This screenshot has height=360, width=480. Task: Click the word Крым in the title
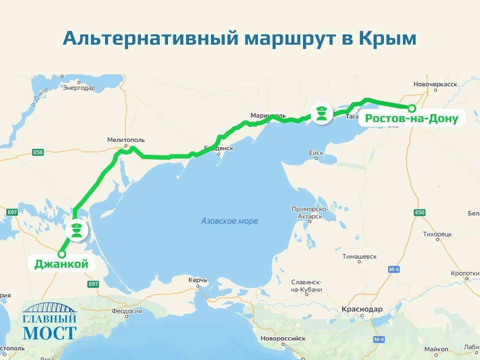pos(387,38)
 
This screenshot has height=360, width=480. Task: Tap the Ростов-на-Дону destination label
pos(411,118)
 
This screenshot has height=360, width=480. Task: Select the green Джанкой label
pos(61,264)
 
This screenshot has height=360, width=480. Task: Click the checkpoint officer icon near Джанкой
pos(77,230)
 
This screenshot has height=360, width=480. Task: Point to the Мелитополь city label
pos(126,140)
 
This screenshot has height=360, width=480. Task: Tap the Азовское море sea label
pos(229,221)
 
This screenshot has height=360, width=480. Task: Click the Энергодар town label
pos(79,88)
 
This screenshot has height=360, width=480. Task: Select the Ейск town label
pos(316,153)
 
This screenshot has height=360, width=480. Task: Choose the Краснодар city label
pos(362,309)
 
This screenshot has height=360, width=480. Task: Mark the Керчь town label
pos(197,280)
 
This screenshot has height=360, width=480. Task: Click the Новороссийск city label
pos(283,338)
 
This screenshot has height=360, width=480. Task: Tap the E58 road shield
pos(38,152)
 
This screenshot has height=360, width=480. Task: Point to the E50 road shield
pos(419,213)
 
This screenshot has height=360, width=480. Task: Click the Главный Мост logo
pos(49,322)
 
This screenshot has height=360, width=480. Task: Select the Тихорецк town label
pos(437,234)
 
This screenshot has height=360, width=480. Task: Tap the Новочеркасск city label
pos(435,84)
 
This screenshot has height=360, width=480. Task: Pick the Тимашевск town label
pos(359,257)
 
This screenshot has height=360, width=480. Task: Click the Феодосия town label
pos(126,311)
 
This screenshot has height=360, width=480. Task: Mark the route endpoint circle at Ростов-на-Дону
pos(411,108)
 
